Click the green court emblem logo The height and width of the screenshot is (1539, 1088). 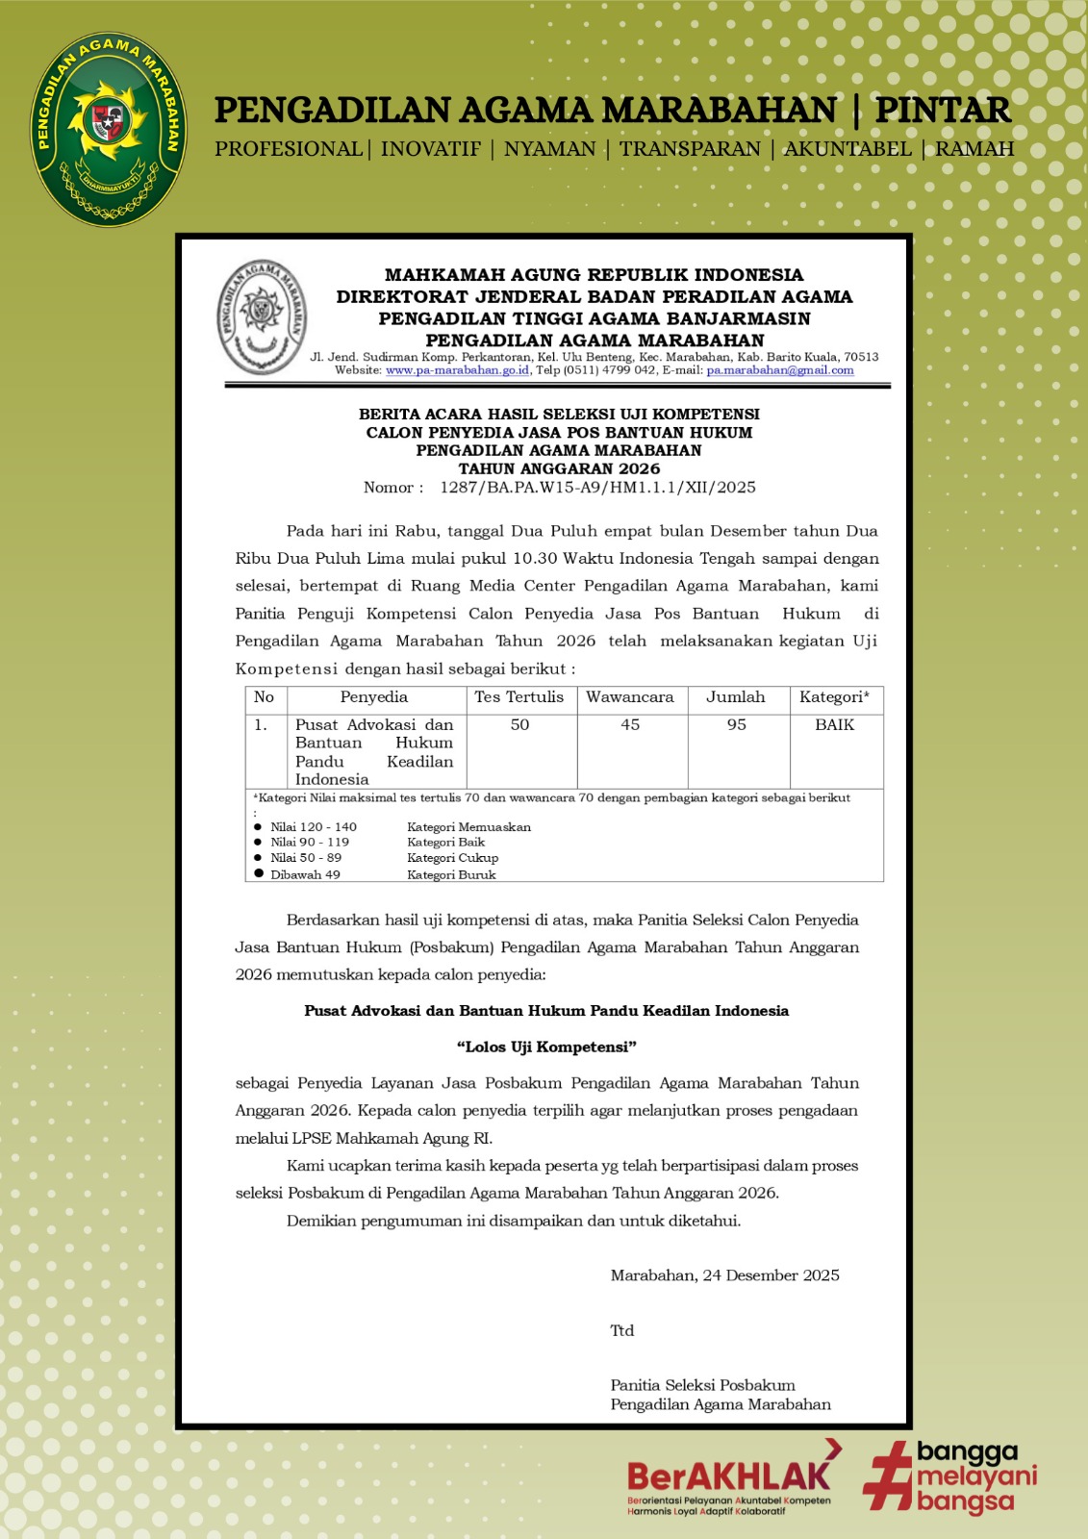point(108,129)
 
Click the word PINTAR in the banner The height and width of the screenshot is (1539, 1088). point(943,111)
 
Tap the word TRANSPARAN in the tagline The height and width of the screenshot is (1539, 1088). point(690,149)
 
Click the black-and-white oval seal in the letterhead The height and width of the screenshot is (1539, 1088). point(262,316)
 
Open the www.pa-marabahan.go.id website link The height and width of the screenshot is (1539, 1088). point(457,370)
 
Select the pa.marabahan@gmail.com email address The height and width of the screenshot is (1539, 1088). point(780,370)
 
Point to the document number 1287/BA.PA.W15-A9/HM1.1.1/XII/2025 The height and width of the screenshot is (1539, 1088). point(597,488)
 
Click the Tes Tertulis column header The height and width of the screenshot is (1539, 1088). point(519,697)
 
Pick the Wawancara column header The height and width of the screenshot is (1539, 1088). point(630,697)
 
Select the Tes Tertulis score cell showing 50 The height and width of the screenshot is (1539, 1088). point(519,725)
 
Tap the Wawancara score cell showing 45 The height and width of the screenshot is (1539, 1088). point(630,725)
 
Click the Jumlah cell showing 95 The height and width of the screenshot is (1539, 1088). point(736,725)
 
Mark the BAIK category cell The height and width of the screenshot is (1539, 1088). point(834,725)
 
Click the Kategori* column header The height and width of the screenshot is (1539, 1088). point(834,697)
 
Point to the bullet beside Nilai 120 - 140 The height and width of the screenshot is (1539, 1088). point(258,827)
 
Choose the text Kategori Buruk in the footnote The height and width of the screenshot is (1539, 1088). point(451,875)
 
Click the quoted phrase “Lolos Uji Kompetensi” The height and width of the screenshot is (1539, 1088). point(546,1047)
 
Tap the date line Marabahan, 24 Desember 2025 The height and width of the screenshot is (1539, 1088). point(724,1275)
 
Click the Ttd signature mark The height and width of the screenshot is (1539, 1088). point(622,1330)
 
